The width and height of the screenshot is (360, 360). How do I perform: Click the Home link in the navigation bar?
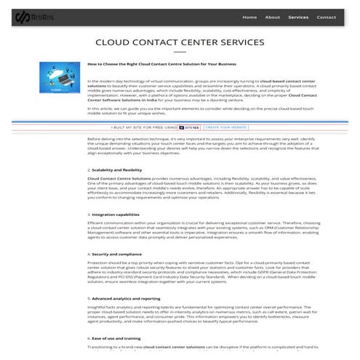pos(249,17)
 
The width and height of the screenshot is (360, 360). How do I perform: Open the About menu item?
pos(273,17)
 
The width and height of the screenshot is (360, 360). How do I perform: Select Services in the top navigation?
pos(298,17)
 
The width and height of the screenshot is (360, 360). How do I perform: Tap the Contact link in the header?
pos(327,17)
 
